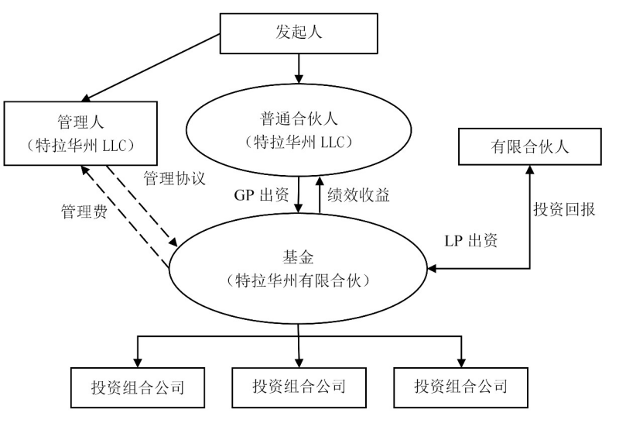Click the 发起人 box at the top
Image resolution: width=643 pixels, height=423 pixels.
click(298, 33)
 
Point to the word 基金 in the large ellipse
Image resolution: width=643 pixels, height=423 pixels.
click(299, 256)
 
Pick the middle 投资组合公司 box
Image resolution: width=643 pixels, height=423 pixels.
click(298, 386)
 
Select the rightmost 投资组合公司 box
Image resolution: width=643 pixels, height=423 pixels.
click(461, 386)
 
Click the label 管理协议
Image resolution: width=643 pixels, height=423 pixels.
click(174, 178)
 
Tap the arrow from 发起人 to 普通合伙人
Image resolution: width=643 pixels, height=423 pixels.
click(299, 69)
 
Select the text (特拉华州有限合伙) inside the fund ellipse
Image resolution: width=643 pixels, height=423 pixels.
click(299, 281)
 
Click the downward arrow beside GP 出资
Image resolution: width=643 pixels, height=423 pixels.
click(299, 194)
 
